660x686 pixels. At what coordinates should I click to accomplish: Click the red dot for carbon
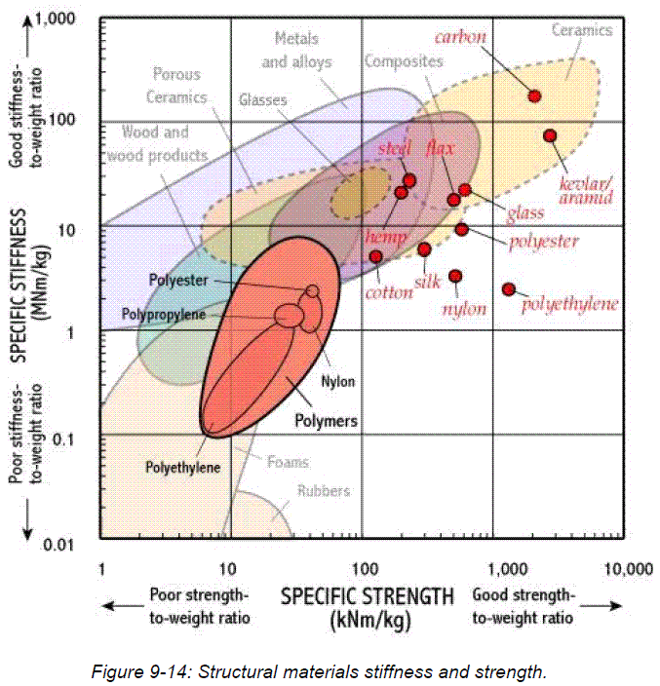point(534,95)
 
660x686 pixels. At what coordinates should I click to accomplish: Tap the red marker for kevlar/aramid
point(550,135)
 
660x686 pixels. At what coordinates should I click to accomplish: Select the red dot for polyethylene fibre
point(508,289)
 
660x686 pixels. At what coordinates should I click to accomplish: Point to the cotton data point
point(375,256)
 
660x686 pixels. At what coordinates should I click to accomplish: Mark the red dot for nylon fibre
point(455,276)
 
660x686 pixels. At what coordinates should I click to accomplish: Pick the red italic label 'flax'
point(440,148)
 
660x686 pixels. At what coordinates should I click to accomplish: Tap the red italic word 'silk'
point(427,283)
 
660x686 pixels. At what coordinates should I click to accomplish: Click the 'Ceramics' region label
point(582,30)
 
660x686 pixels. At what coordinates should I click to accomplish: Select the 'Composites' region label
point(403,60)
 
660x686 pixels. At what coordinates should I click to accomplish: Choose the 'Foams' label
point(289,463)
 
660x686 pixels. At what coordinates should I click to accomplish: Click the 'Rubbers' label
point(325,491)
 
